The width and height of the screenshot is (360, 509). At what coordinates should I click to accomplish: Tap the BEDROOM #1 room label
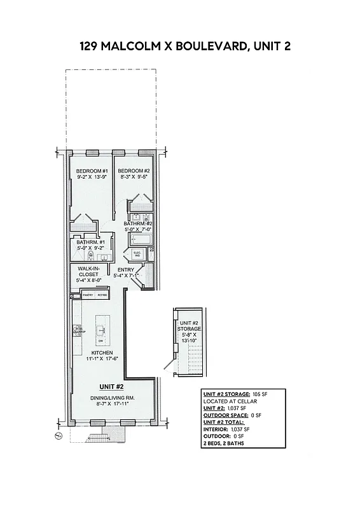point(92,172)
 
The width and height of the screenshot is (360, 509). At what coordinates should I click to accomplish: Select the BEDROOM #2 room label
point(134,171)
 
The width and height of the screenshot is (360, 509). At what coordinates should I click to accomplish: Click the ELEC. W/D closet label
point(137,254)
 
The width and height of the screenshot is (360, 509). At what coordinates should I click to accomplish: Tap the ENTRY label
point(125,269)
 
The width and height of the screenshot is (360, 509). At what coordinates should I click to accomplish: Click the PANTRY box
point(88,295)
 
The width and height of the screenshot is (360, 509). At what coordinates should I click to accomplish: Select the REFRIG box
point(102,295)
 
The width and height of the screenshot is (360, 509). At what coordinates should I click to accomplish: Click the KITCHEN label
point(102,352)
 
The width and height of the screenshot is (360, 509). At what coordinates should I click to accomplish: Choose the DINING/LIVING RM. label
point(112,398)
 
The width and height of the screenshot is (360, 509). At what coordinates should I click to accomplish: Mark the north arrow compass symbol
point(57,435)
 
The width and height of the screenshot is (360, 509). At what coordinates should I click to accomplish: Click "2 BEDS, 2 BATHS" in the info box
point(223,443)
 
